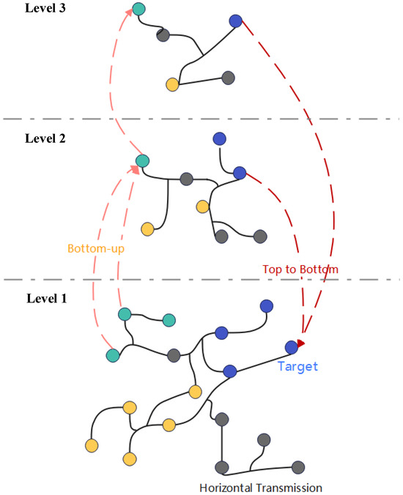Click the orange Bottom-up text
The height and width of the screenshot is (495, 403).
95,249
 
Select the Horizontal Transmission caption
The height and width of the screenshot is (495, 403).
261,487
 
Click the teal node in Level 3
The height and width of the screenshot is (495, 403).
138,10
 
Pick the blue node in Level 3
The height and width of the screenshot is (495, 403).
235,21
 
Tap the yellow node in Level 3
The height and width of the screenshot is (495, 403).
173,84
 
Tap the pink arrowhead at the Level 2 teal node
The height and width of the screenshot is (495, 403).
136,169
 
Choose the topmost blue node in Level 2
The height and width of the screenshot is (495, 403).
219,138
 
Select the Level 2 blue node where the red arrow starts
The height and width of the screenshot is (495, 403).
239,173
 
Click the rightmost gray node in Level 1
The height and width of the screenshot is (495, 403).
298,466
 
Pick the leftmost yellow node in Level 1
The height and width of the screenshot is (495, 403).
92,444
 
